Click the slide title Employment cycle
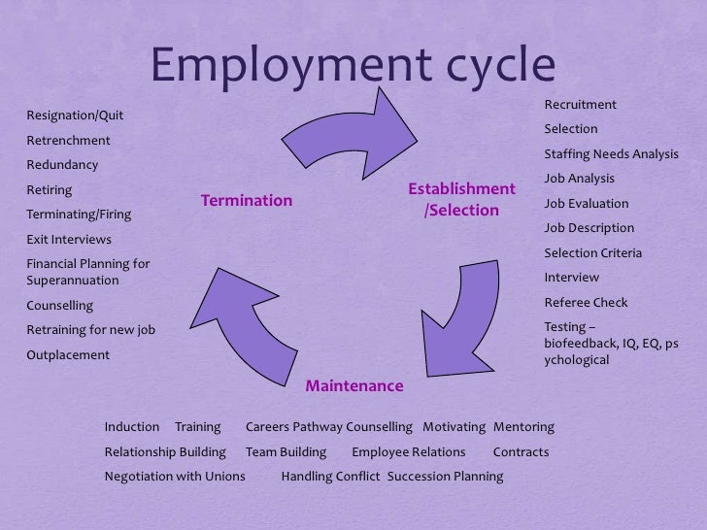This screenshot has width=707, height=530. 353,68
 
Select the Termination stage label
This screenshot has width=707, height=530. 247,201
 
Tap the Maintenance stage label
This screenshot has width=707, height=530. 354,386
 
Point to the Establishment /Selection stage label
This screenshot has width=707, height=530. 461,199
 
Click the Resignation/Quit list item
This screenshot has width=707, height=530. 75,116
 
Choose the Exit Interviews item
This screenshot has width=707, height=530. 69,239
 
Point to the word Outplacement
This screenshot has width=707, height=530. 68,354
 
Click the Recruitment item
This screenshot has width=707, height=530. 580,105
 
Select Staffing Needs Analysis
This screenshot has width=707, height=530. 611,154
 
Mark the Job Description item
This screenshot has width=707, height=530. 589,228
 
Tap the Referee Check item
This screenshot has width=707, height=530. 586,302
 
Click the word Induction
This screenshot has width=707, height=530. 131,427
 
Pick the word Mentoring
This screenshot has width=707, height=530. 523,427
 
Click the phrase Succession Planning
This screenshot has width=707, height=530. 445,477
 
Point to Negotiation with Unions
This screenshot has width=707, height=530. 175,477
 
